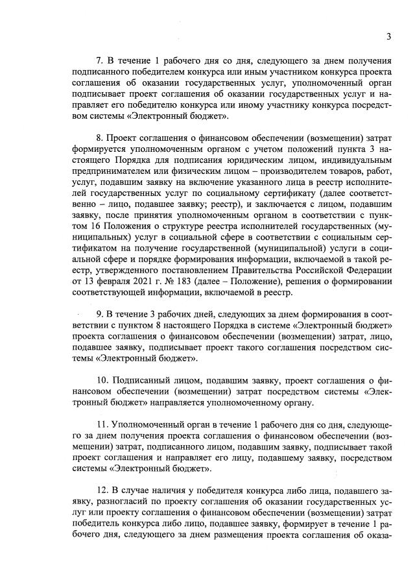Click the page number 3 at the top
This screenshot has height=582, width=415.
(x=388, y=36)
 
